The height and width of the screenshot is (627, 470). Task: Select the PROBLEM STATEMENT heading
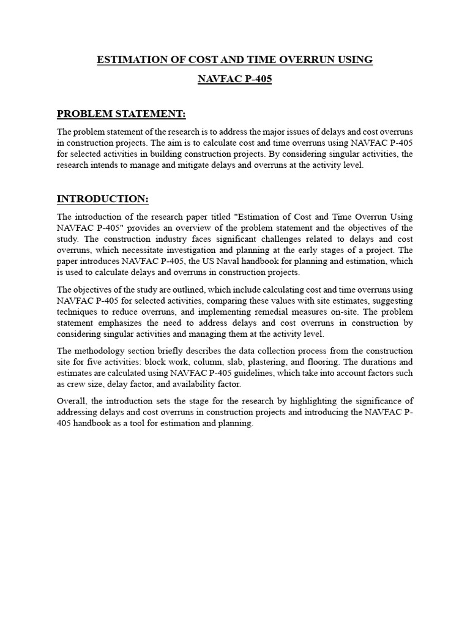point(121,114)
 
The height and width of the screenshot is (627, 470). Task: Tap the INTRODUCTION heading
point(103,199)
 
